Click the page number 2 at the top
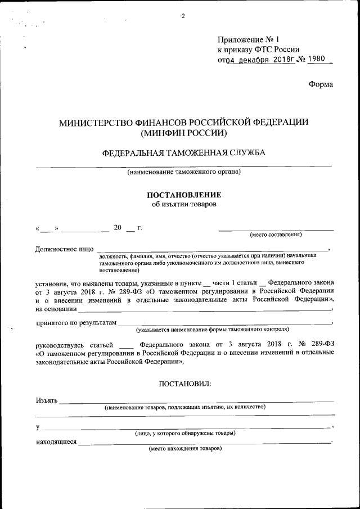point(183,16)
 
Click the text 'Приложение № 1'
point(248,40)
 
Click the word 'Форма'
point(321,84)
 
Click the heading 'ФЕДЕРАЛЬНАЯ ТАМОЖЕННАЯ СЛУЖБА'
point(184,153)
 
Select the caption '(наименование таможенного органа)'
point(184,172)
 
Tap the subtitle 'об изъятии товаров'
point(184,204)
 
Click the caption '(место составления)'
point(276,234)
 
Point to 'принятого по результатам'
point(76,323)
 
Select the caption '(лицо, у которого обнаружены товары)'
point(184,433)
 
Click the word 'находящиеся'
point(56,442)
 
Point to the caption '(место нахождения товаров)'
point(185,448)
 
